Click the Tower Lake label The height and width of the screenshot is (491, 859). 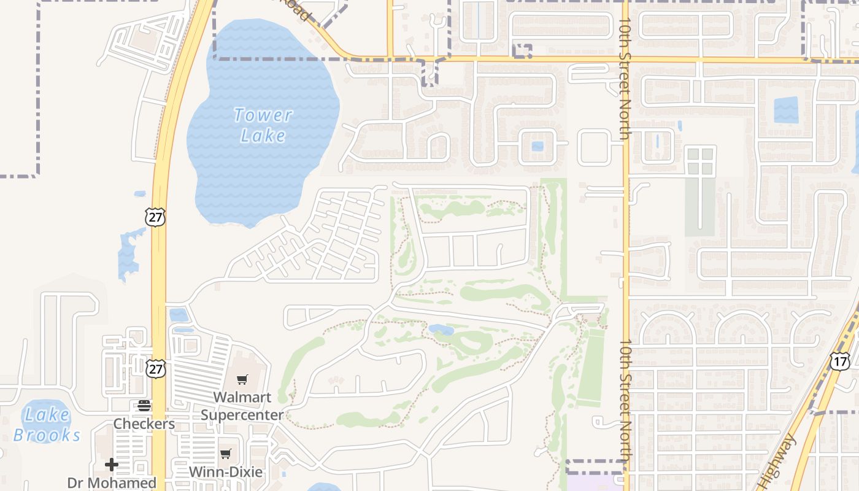[x=263, y=125]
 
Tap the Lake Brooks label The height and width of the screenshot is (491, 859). [x=47, y=425]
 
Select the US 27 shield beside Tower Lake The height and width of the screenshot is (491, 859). [x=156, y=217]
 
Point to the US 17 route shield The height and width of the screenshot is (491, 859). [x=840, y=361]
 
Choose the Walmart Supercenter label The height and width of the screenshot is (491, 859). [x=242, y=406]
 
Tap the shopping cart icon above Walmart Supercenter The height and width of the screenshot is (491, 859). [x=242, y=380]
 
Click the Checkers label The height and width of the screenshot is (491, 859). [x=144, y=423]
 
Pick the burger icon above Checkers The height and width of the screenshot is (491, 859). [x=144, y=405]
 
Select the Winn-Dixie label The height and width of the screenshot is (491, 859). [x=226, y=472]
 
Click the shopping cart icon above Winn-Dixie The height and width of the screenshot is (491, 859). [x=226, y=454]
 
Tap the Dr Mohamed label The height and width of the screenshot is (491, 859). [x=112, y=483]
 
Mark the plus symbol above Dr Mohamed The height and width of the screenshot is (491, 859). [x=112, y=464]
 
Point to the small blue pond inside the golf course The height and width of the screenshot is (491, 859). [x=441, y=330]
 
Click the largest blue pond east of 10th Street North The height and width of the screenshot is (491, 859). [x=786, y=110]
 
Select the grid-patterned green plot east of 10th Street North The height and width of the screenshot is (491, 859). [x=700, y=161]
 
